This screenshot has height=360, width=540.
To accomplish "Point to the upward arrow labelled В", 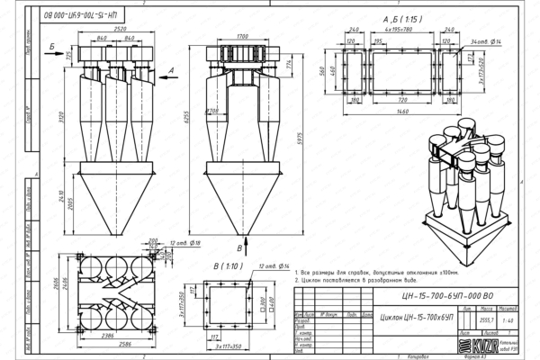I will pyautogui.click(x=239, y=244).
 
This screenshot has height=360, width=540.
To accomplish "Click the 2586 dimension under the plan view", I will pyautogui.click(x=107, y=344).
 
